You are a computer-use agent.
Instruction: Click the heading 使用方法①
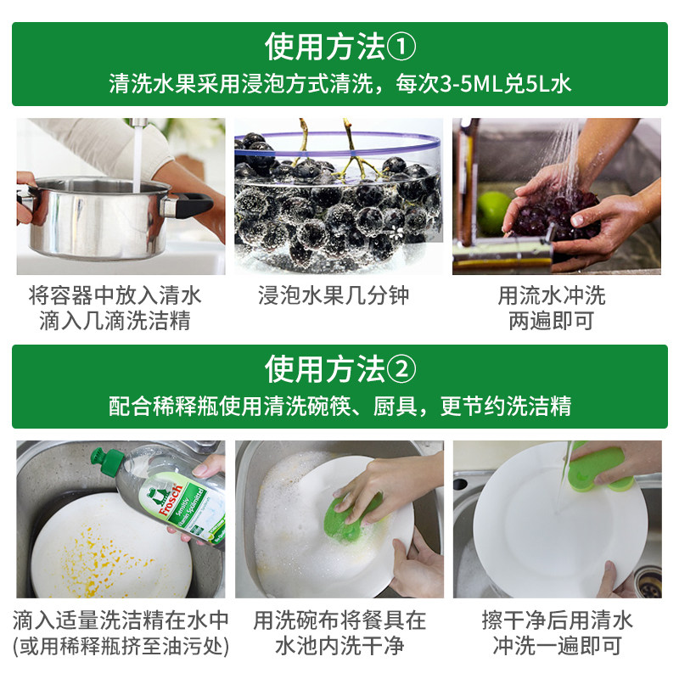coord(339,47)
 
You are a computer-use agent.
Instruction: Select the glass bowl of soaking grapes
coord(338,204)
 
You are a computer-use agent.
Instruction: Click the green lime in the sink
coord(493,212)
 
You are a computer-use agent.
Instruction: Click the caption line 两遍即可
coord(551,321)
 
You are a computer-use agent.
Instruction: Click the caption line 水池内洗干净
coord(339,646)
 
